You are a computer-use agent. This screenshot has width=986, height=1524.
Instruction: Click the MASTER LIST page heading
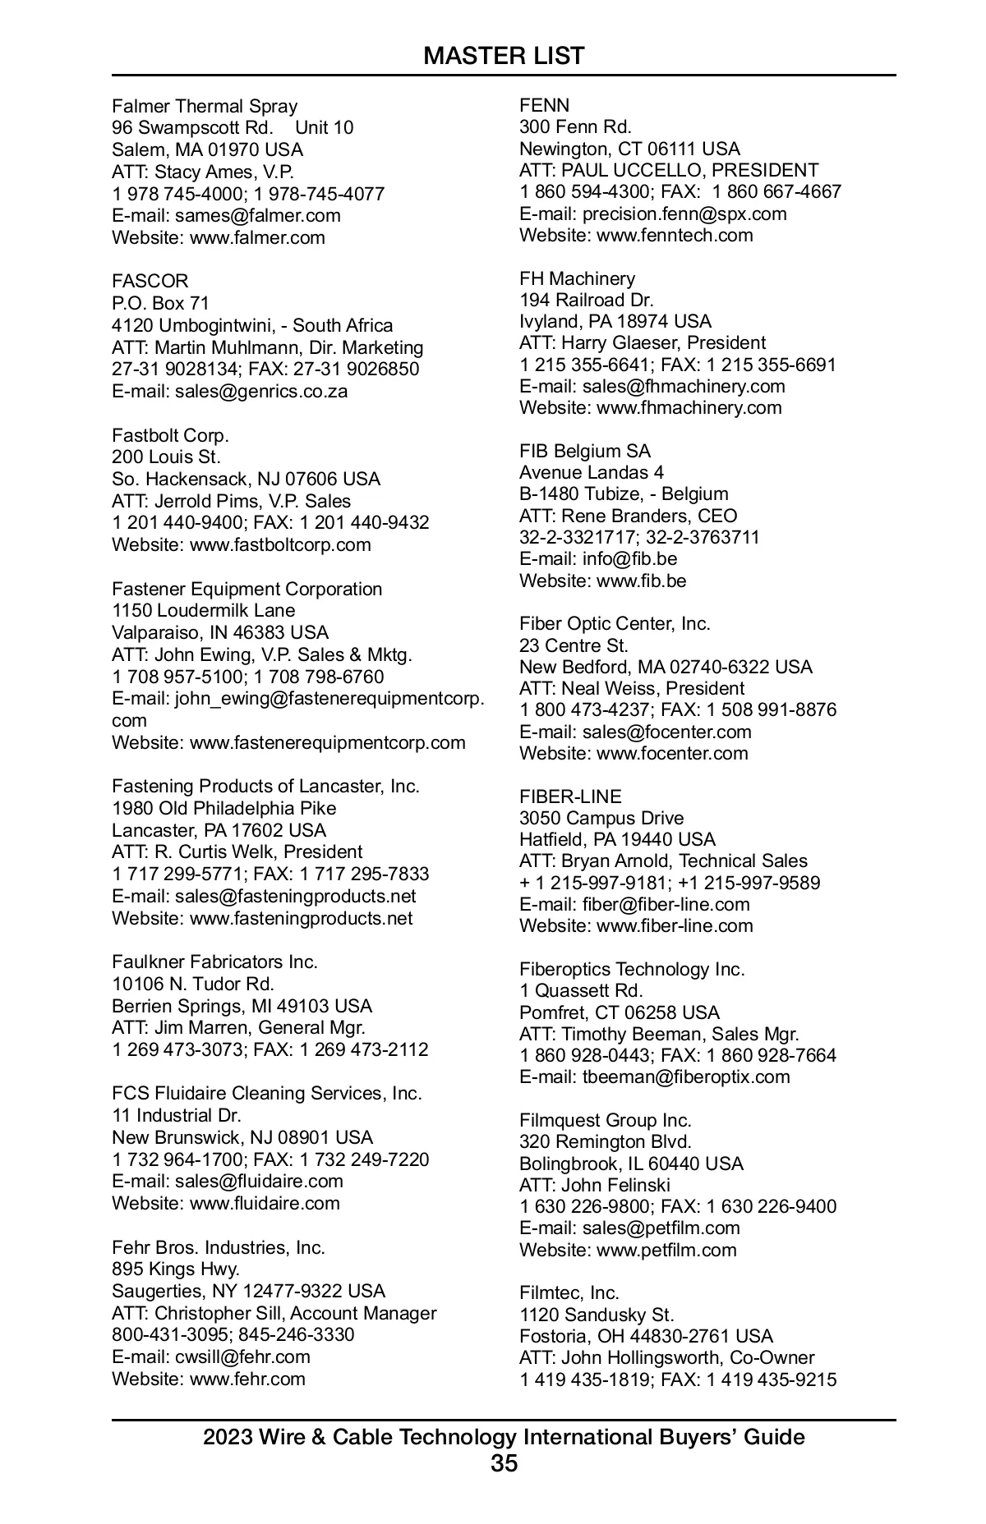click(504, 56)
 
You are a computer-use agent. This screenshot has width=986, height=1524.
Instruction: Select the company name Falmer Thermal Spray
click(205, 106)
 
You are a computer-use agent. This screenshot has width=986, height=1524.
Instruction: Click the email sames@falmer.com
click(257, 215)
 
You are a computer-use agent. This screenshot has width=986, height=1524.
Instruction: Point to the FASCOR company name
click(150, 281)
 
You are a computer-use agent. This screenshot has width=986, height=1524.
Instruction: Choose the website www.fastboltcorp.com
click(280, 544)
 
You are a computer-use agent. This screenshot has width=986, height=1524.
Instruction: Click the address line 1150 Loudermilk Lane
click(203, 610)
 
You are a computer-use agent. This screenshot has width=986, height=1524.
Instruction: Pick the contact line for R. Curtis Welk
click(237, 852)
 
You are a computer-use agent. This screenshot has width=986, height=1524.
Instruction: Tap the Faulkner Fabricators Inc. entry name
click(214, 962)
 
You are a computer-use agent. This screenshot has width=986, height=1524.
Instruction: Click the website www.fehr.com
click(247, 1379)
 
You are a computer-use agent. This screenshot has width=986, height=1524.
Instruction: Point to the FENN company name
click(544, 105)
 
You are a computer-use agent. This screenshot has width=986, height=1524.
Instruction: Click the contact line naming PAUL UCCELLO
click(669, 170)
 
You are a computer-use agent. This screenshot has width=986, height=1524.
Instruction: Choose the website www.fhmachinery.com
click(689, 407)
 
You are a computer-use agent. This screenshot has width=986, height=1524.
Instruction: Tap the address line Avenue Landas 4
click(592, 472)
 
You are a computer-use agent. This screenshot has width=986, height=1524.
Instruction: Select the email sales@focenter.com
click(666, 732)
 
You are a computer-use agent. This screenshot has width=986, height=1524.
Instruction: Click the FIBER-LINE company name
click(570, 796)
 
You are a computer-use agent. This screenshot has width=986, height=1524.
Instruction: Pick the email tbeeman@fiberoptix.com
click(686, 1076)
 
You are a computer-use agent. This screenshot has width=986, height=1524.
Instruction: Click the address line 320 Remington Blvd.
click(606, 1141)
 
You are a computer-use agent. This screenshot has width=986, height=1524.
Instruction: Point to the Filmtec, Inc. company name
click(569, 1292)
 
